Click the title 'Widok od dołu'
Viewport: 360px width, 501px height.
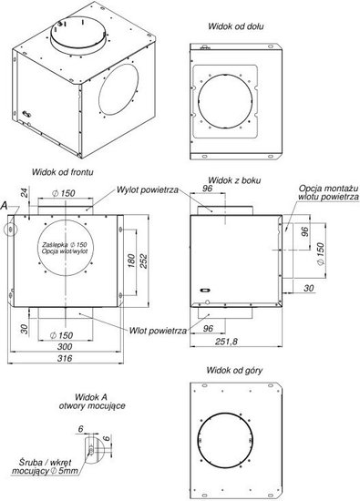tap(236, 26)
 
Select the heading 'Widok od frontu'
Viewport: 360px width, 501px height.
tap(63, 172)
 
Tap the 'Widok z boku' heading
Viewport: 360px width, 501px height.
tap(234, 180)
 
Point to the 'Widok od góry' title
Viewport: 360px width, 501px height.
tap(234, 371)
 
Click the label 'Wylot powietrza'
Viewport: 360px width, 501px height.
tap(148, 189)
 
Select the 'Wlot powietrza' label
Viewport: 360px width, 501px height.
tap(158, 331)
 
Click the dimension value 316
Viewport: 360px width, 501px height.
tap(65, 358)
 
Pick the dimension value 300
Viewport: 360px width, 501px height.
tap(65, 347)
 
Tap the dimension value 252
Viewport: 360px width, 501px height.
tap(144, 261)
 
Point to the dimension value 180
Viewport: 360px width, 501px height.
tap(131, 261)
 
